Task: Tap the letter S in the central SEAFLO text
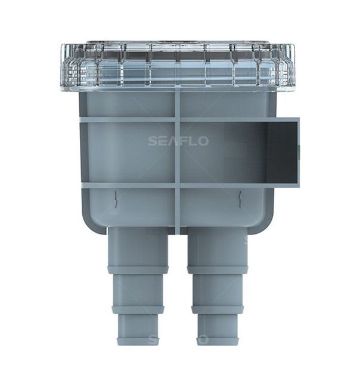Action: [152, 141]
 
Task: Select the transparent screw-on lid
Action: [178, 64]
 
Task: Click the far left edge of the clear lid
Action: [63, 66]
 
